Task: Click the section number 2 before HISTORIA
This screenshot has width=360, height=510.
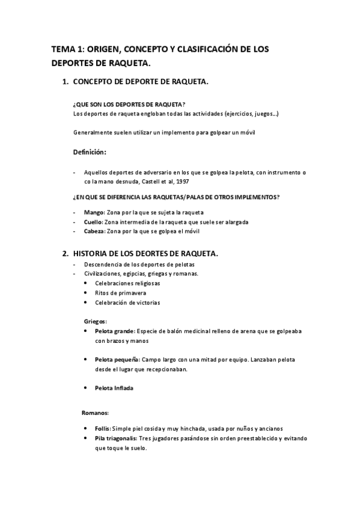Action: tap(66, 254)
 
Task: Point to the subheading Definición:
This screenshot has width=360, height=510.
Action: tap(90, 152)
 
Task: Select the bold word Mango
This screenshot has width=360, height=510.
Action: tap(94, 212)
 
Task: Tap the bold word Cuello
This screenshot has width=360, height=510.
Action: tap(94, 222)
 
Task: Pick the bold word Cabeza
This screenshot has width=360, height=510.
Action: tap(95, 232)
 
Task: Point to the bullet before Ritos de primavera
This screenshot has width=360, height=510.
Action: tap(87, 293)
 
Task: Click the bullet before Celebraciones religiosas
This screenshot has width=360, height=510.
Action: tap(87, 283)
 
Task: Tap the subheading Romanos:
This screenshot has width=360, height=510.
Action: tap(95, 413)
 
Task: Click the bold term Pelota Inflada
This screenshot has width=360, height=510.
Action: tap(114, 388)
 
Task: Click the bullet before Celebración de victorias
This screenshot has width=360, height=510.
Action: tap(87, 303)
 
